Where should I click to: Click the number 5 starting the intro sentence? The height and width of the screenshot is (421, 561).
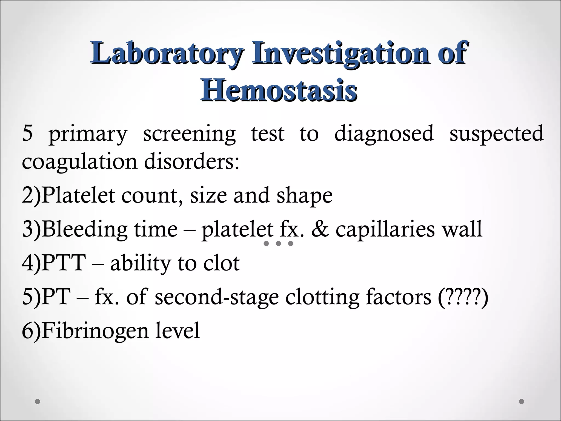tap(27, 133)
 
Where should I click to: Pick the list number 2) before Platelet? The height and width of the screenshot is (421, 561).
tap(31, 195)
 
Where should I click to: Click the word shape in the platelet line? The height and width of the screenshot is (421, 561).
tap(304, 196)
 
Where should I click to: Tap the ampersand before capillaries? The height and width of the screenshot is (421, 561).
tap(320, 229)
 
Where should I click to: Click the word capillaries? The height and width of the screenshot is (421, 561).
tap(385, 230)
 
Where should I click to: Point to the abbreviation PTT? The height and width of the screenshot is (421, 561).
tap(64, 263)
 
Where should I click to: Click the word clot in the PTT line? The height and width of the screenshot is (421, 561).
tap(221, 263)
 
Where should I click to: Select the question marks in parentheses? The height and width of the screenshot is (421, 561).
tap(463, 297)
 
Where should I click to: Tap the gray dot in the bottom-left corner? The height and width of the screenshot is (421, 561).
tap(38, 402)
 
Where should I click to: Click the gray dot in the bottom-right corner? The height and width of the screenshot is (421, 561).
tap(522, 402)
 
